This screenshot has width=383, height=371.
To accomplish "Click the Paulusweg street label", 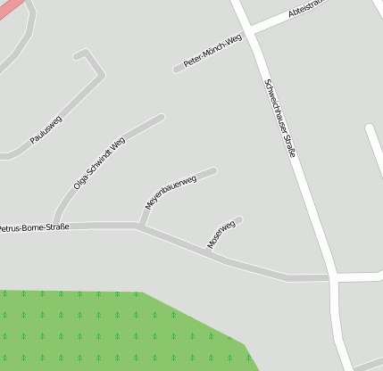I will coord(46,131).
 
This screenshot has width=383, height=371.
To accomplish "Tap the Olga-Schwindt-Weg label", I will coord(99,162).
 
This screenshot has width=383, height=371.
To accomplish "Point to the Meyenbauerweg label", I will coord(171,192).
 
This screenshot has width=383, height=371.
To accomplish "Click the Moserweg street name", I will coord(221,234).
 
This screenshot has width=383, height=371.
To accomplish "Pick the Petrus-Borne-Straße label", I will coord(33,227).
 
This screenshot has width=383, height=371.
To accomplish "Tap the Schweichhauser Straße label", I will coord(279,119).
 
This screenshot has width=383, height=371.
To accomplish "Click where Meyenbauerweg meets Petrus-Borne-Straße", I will coord(140,226).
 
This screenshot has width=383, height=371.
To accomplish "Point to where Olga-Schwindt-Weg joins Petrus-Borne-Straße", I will coord(55,224).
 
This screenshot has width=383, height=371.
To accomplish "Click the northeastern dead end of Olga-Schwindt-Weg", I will coord(162,117).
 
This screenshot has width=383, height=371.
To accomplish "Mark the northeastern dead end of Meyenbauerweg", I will coord(214,169).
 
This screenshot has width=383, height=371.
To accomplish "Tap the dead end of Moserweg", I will coord(239,219).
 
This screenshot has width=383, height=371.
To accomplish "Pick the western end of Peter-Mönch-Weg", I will coord(176,69).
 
